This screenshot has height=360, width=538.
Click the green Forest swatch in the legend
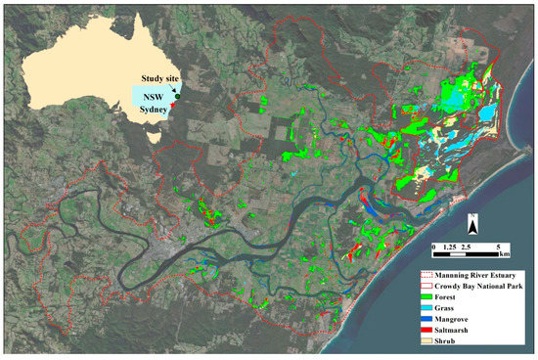(x=426, y=301)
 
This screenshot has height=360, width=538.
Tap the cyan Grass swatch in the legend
(x=426, y=314)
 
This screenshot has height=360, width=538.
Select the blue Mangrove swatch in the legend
(x=426, y=327)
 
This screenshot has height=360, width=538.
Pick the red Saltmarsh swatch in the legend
(x=426, y=339)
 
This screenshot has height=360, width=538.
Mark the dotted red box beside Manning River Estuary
(x=426, y=276)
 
